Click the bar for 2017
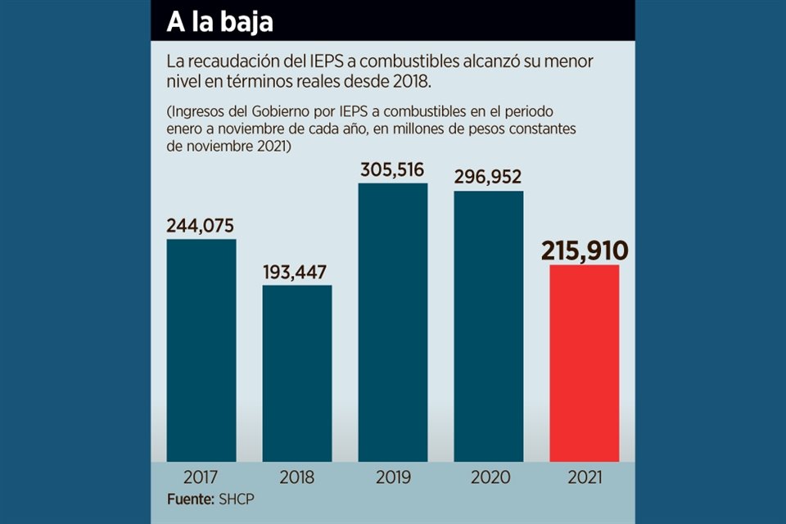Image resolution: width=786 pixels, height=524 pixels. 201,350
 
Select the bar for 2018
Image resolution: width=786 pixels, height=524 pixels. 297,373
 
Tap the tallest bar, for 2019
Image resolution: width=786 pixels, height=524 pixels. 393,323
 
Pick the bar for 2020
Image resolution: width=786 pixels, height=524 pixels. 489,327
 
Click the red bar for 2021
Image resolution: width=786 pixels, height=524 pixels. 584,364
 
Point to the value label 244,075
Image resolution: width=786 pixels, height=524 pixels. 201,225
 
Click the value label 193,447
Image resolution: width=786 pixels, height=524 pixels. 297,271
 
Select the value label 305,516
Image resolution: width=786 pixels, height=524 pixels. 393,169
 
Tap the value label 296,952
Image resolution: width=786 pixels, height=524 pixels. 489,177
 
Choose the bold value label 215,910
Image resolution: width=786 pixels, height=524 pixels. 584,250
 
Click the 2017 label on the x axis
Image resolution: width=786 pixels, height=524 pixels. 201,477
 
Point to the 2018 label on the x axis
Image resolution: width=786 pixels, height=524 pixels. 297,477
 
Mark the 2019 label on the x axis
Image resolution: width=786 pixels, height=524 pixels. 393,477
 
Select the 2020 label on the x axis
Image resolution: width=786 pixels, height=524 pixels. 489,477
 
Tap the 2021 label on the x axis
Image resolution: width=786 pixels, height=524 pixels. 584,477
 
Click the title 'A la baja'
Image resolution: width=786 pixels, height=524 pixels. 219,22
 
